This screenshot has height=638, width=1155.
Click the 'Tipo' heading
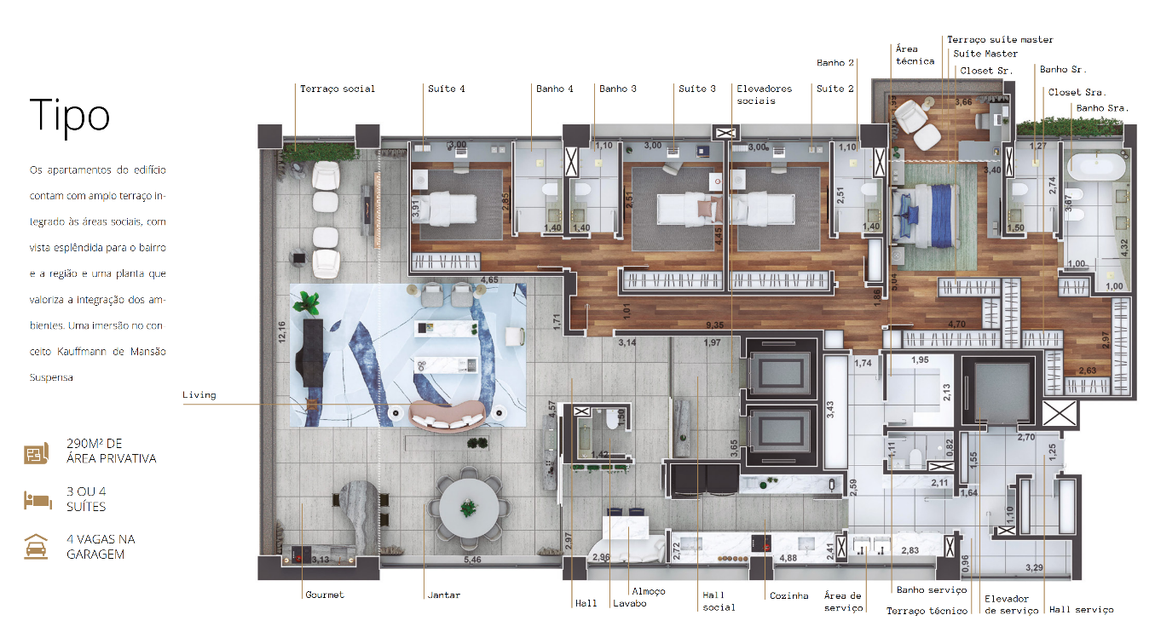pos(70,116)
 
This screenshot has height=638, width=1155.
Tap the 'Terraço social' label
pos(337,89)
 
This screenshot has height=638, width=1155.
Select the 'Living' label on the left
pos(199,395)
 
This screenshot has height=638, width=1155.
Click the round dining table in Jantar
pos(467,509)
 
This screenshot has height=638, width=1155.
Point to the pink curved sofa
pos(448,415)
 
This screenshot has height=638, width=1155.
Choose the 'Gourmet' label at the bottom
pos(325,595)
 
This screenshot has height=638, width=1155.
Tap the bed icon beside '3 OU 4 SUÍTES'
pos(38,500)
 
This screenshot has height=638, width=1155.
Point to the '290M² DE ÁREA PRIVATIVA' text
pos(111,451)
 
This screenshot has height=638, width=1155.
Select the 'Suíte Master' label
pos(985,54)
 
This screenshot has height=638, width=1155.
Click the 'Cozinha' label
pos(788,595)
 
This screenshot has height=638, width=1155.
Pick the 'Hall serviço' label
pos(1081,609)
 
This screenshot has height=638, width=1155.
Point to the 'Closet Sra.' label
pos(1076,92)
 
